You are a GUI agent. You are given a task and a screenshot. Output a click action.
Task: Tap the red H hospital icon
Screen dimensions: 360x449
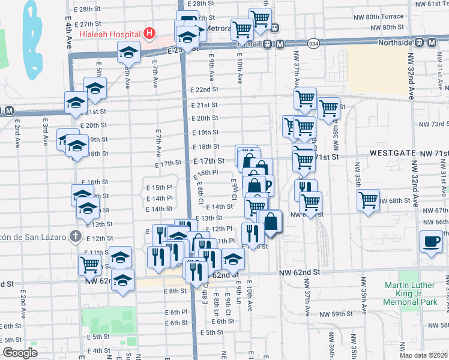[149, 32]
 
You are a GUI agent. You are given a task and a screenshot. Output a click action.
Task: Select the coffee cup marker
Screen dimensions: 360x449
[430, 242]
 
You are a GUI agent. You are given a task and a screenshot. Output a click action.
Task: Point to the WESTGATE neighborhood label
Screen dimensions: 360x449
[393, 154]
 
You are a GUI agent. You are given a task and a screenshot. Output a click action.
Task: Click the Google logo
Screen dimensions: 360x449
[20, 353]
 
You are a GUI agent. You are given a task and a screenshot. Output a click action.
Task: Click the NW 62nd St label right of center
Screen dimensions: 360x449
[299, 272]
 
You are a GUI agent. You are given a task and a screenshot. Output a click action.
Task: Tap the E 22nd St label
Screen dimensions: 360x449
[203, 89]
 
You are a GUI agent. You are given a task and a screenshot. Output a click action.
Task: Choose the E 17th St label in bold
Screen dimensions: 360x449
[209, 161]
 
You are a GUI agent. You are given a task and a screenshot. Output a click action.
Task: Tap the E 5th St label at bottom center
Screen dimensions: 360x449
[211, 332]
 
